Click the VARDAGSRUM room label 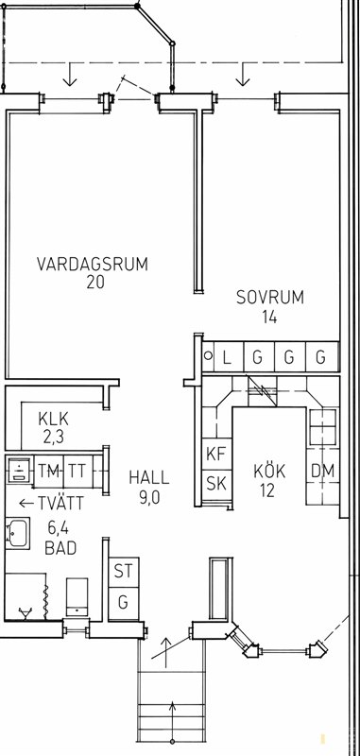[x=92, y=265]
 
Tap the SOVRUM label [x=270, y=297]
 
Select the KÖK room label [x=270, y=471]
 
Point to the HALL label [x=149, y=478]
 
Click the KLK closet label [x=54, y=419]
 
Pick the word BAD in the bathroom [x=60, y=548]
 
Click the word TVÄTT [x=60, y=504]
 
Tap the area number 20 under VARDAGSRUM [x=95, y=282]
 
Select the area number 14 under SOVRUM [x=269, y=317]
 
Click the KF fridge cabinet [x=216, y=455]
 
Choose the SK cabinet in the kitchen [x=216, y=485]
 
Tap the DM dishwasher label [x=322, y=471]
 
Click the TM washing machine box [x=49, y=470]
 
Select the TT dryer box [x=78, y=470]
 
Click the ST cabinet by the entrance [x=124, y=572]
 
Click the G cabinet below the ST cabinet [x=124, y=603]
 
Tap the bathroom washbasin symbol [x=17, y=533]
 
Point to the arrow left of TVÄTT [x=26, y=504]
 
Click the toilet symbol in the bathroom [x=77, y=597]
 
